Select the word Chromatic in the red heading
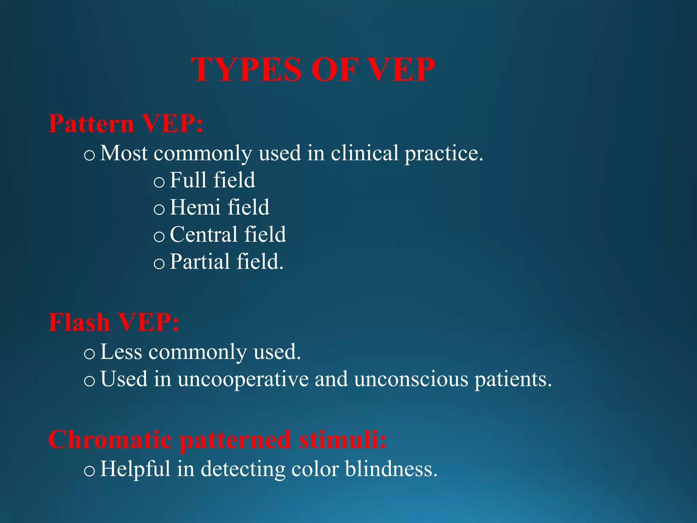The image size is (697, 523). point(110,440)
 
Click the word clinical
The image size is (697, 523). point(364,153)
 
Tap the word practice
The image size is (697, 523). point(443,154)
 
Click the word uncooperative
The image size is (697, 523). point(243,379)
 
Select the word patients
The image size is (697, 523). point(513,380)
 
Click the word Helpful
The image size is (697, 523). point(135,469)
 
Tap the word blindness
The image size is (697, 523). point(391,469)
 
